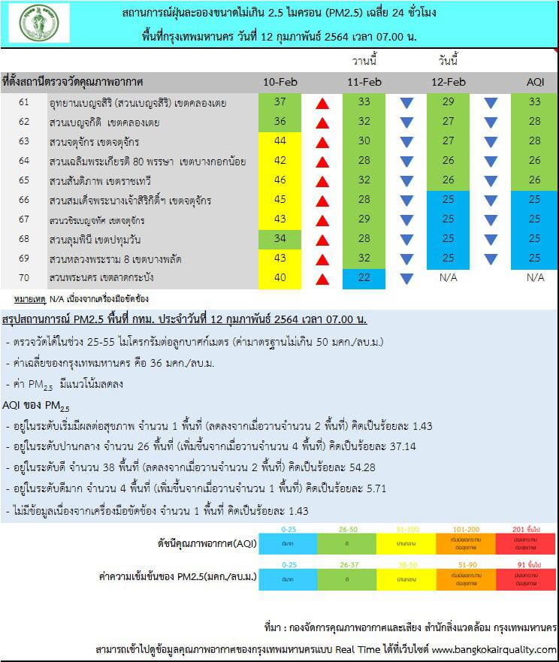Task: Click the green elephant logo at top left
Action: pyautogui.click(x=38, y=23)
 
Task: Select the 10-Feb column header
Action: pyautogui.click(x=280, y=82)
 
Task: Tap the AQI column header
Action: pyautogui.click(x=535, y=82)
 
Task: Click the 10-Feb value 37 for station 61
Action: pyautogui.click(x=280, y=102)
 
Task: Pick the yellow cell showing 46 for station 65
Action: pyautogui.click(x=280, y=180)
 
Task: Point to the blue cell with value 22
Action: pyautogui.click(x=364, y=278)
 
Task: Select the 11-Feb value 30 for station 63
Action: pyautogui.click(x=364, y=141)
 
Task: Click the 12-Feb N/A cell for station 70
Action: pyautogui.click(x=449, y=278)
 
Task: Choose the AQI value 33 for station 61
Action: pyautogui.click(x=535, y=102)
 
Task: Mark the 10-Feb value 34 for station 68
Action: pyautogui.click(x=280, y=239)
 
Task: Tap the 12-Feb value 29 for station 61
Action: pyautogui.click(x=449, y=102)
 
